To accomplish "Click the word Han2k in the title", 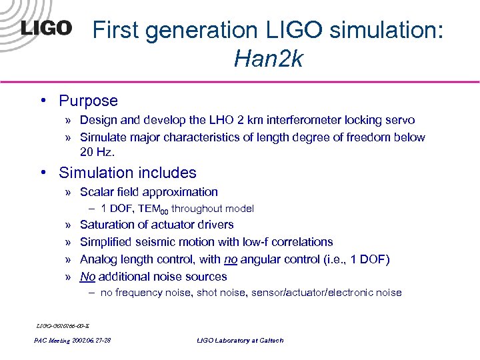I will (x=268, y=60).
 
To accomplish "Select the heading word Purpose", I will (x=88, y=101).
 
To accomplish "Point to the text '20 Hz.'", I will (x=97, y=153).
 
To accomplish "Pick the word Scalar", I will (x=97, y=192).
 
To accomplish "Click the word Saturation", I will (x=108, y=225).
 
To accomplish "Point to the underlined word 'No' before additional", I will (x=87, y=277).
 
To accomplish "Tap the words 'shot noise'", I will (x=224, y=293).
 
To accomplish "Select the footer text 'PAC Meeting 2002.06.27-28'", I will (x=72, y=341).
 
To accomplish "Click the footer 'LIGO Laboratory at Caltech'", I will (x=240, y=341).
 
